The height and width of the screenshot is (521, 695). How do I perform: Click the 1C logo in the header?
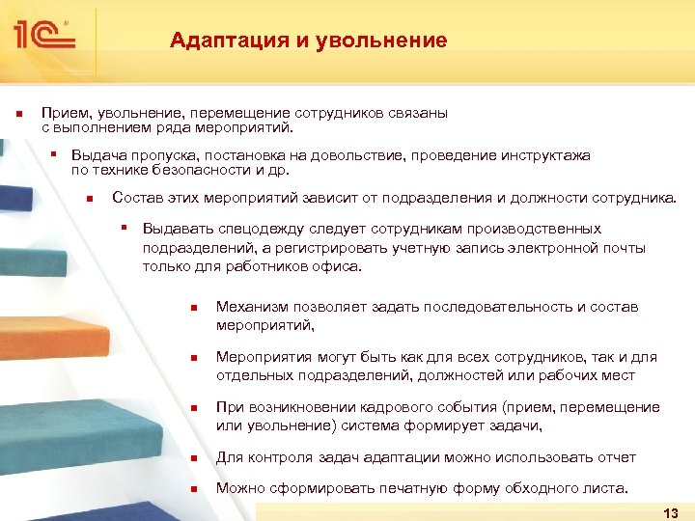(x=44, y=37)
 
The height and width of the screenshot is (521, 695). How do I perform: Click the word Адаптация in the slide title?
(x=216, y=41)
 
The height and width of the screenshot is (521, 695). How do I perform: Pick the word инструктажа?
(x=545, y=155)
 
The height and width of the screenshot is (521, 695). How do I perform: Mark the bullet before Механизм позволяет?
(x=193, y=308)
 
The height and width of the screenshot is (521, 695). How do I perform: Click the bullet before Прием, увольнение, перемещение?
(x=18, y=114)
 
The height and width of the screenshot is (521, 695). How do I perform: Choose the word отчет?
(x=616, y=456)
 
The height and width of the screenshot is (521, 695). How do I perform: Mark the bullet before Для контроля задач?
(x=193, y=457)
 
